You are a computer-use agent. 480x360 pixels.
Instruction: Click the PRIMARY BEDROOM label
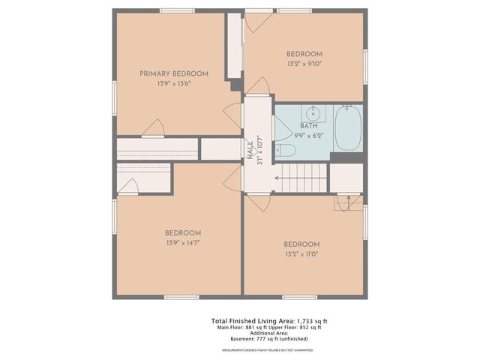click(x=174, y=73)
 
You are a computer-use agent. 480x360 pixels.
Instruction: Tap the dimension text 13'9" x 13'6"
click(x=174, y=84)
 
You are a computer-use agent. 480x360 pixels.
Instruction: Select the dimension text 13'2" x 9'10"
click(x=304, y=64)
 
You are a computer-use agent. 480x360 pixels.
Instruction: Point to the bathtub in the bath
click(x=348, y=128)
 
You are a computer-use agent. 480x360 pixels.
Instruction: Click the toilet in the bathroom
click(x=285, y=151)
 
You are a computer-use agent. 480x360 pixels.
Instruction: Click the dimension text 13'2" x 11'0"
click(x=301, y=255)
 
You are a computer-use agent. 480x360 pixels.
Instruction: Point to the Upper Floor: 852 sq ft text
click(x=298, y=328)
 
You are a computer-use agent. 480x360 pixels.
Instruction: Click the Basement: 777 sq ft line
click(x=268, y=340)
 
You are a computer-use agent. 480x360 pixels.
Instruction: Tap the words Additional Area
click(x=268, y=334)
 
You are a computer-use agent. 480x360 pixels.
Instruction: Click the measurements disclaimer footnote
click(x=268, y=350)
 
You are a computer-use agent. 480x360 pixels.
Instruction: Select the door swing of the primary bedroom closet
click(x=154, y=128)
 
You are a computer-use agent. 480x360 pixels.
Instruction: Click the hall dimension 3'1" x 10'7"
click(x=259, y=151)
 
